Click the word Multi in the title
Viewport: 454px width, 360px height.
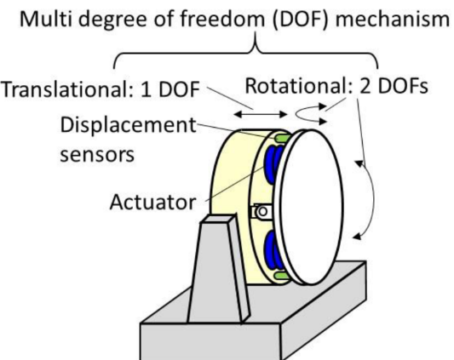click(46, 19)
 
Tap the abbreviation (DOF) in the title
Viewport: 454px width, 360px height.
click(301, 20)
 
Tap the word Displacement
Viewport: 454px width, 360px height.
click(129, 125)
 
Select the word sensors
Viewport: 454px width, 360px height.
click(97, 155)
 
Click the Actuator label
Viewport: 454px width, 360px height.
click(152, 202)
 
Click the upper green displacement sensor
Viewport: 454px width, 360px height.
click(282, 138)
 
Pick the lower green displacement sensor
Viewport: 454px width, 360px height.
click(281, 275)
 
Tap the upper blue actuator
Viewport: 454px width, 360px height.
click(273, 164)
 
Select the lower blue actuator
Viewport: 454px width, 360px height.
click(273, 250)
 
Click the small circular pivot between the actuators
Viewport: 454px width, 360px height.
click(262, 212)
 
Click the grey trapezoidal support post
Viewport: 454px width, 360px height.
click(219, 269)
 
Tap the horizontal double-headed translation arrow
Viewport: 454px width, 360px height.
click(261, 115)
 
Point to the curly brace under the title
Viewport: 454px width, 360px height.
click(246, 53)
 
